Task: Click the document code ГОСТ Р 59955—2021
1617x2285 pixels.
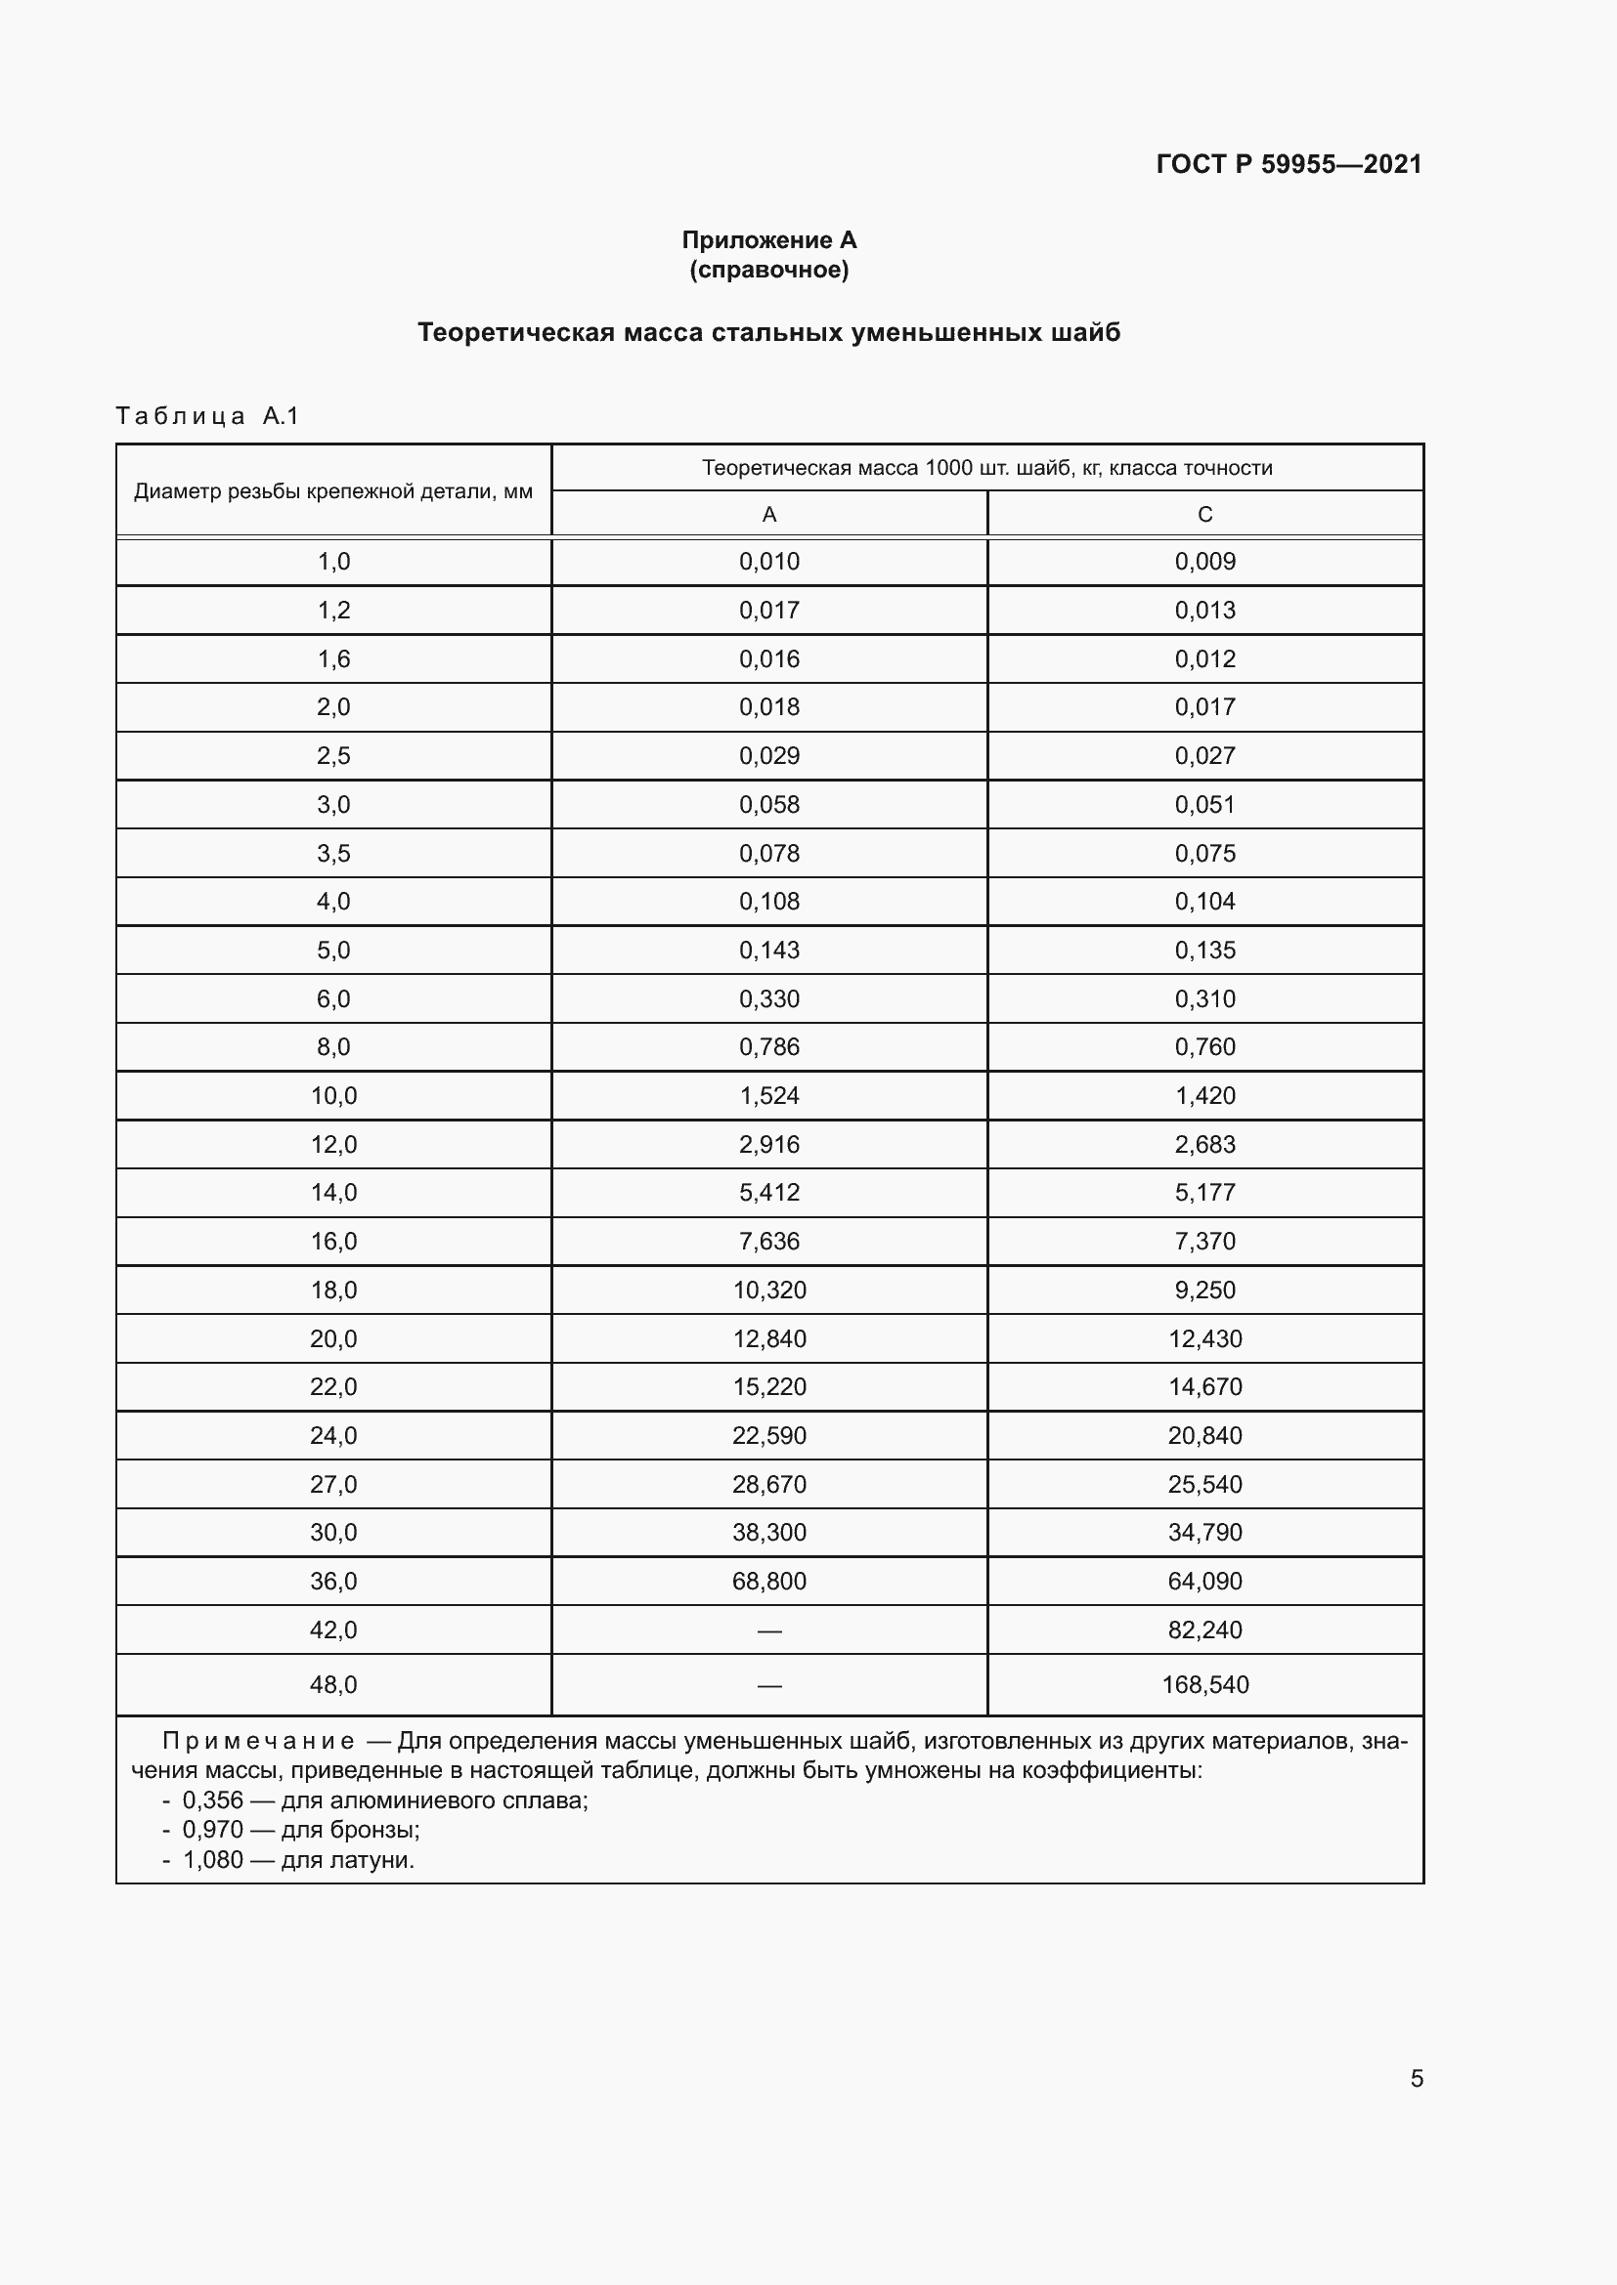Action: coord(1289,164)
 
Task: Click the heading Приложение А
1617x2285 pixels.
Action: coord(768,240)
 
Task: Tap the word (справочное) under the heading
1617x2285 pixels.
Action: coord(768,270)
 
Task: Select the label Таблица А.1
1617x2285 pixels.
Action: coord(207,416)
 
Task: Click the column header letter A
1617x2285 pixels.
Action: coord(768,515)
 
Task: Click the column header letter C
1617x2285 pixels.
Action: coord(1204,515)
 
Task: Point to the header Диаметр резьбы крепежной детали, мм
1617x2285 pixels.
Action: coord(333,490)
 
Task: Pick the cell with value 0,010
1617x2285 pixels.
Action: coord(768,562)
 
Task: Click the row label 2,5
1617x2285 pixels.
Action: coord(333,755)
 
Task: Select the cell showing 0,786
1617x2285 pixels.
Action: coord(768,1047)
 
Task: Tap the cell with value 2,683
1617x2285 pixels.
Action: coord(1204,1145)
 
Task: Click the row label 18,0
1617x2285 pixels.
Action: coord(333,1290)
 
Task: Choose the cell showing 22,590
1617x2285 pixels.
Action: coord(768,1435)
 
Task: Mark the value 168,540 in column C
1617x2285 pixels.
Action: coord(1204,1685)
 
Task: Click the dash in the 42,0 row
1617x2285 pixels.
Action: coord(768,1631)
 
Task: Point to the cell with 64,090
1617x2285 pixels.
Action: coord(1204,1582)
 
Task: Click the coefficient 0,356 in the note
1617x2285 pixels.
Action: coord(213,1800)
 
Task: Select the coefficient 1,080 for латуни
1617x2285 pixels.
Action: coord(213,1860)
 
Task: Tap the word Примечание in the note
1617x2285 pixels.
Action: coord(258,1742)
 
